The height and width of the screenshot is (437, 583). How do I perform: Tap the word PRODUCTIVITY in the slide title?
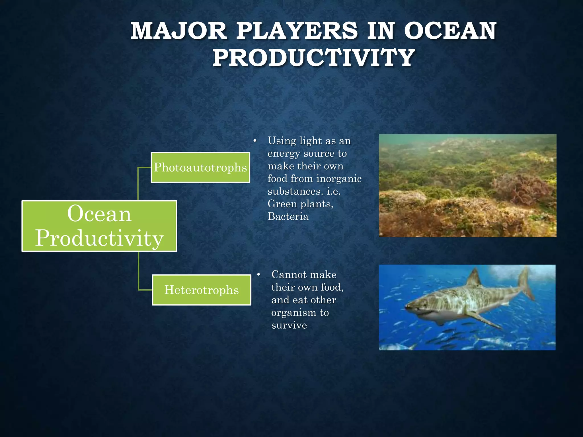pos(313,58)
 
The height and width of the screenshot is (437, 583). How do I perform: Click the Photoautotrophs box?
pos(200,168)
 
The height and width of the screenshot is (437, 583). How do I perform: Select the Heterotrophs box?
pos(202,290)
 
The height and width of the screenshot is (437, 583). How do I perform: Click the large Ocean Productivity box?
pos(99,226)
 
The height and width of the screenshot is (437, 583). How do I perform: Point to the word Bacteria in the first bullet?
pos(288,217)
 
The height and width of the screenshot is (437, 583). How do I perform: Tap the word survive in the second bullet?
pos(289,325)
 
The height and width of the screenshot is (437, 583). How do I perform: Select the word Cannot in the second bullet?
pos(287,275)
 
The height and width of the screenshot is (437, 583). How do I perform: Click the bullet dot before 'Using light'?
pos(255,141)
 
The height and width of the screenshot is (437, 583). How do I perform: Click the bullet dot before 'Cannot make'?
pos(258,275)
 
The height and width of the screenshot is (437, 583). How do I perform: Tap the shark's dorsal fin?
pos(474,277)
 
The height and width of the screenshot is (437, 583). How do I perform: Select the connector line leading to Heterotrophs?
pos(139,273)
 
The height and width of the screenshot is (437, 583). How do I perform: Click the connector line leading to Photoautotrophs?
pos(138,182)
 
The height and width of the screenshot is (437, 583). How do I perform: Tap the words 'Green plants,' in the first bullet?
pos(300,204)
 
